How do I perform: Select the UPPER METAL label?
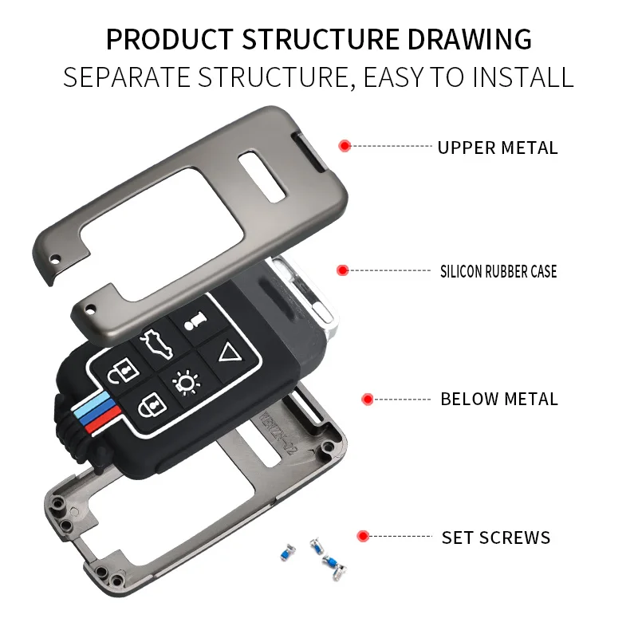coord(498,148)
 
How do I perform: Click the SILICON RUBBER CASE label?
coord(498,271)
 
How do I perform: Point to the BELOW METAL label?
coord(499,399)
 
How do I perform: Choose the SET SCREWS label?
coord(496,538)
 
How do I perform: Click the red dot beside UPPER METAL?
coord(345,146)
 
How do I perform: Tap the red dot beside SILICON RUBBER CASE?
coord(343,270)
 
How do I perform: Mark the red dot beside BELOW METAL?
coord(368,398)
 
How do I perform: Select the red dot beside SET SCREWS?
coord(363,536)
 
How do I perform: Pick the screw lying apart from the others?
coord(285,552)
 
